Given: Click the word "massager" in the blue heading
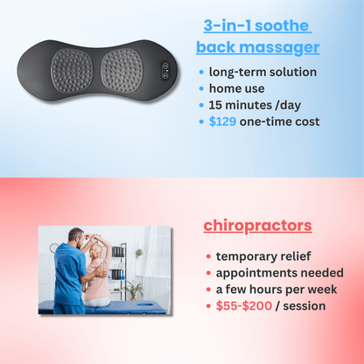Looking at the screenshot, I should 285,46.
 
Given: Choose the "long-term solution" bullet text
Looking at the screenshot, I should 262,72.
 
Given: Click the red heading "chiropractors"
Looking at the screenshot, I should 257,226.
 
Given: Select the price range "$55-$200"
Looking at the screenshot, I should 241,305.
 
